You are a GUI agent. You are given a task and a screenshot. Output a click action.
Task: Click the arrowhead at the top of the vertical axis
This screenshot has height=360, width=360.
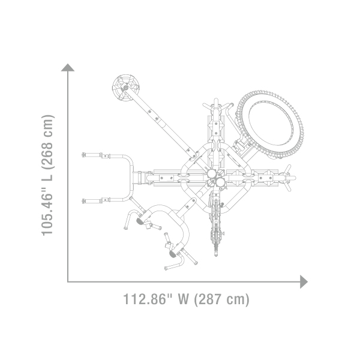pyautogui.click(x=68, y=67)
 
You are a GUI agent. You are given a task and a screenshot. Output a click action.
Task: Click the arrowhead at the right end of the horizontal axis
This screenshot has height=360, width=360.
pyautogui.click(x=304, y=282)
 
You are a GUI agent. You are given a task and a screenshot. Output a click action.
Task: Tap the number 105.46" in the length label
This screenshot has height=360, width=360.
pyautogui.click(x=47, y=208)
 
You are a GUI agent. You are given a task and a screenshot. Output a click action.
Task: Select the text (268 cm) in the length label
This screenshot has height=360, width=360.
pyautogui.click(x=47, y=142)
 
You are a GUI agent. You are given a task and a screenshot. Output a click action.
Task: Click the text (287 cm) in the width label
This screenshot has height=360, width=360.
pyautogui.click(x=222, y=299)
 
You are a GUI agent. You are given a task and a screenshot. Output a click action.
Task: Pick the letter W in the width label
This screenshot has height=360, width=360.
pyautogui.click(x=183, y=299)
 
